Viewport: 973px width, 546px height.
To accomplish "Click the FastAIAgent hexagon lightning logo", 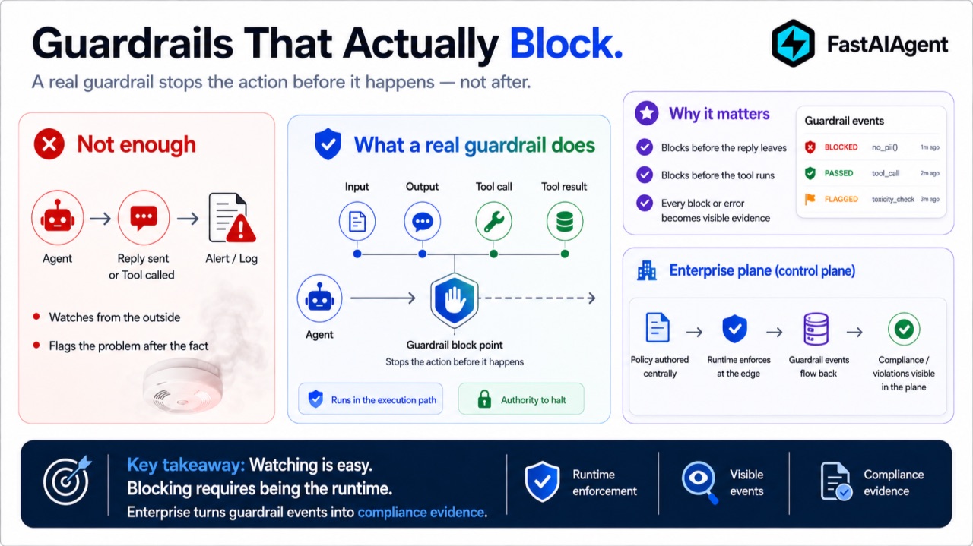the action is pyautogui.click(x=793, y=43).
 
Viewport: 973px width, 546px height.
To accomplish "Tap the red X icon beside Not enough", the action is pyautogui.click(x=49, y=144).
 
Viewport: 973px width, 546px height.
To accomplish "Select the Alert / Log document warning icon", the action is pyautogui.click(x=232, y=218).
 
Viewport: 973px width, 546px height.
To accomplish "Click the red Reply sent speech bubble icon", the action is pyautogui.click(x=144, y=218).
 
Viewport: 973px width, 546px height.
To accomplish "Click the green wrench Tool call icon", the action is pyautogui.click(x=493, y=221).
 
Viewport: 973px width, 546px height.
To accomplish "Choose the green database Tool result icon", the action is pyautogui.click(x=564, y=221).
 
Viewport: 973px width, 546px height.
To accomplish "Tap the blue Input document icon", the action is pyautogui.click(x=357, y=221).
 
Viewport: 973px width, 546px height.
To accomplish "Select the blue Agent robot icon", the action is pyautogui.click(x=320, y=298).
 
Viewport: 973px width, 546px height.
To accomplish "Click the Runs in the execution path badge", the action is pyautogui.click(x=370, y=399).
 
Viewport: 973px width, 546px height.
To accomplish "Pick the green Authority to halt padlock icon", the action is pyautogui.click(x=484, y=399).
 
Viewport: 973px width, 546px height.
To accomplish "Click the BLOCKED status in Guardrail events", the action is pyautogui.click(x=841, y=147).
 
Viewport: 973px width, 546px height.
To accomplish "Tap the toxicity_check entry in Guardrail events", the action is pyautogui.click(x=893, y=199).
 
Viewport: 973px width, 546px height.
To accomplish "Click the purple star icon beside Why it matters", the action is pyautogui.click(x=646, y=113).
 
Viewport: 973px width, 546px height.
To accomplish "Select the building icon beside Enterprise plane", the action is pyautogui.click(x=646, y=270).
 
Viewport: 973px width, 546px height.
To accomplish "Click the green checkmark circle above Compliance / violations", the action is pyautogui.click(x=904, y=329).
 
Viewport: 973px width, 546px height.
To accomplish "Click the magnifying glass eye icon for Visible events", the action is pyautogui.click(x=700, y=481).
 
